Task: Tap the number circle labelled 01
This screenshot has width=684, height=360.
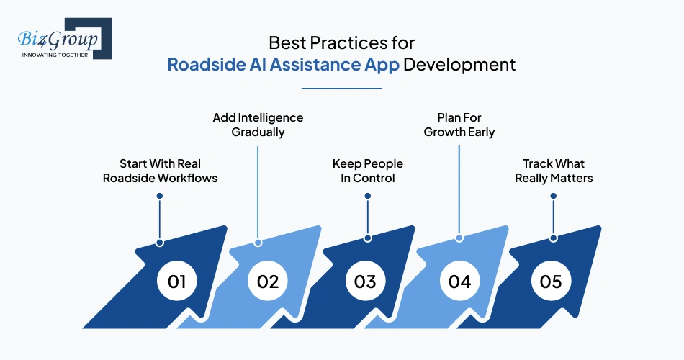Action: coord(177,282)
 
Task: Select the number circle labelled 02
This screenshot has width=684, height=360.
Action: coord(268,282)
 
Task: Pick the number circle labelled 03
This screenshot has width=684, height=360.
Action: coord(365,282)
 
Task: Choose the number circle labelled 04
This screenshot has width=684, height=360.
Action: coord(459,282)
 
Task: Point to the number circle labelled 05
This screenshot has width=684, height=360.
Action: coord(551,282)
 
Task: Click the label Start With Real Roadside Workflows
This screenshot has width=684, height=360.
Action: coord(159,171)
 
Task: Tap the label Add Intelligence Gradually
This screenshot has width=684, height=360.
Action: coord(258,125)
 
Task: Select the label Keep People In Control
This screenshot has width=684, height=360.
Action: coord(367,171)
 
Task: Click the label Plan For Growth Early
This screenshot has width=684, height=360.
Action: coord(459,125)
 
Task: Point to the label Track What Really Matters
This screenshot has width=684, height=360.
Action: coord(553,171)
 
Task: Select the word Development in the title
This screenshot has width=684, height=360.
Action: coord(459,64)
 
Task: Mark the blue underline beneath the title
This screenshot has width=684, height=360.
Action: coord(341,89)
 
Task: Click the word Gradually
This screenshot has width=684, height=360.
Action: coord(258,132)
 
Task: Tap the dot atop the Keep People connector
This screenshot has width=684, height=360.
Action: coord(367,195)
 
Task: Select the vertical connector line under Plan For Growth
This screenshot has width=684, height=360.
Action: coord(459,191)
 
